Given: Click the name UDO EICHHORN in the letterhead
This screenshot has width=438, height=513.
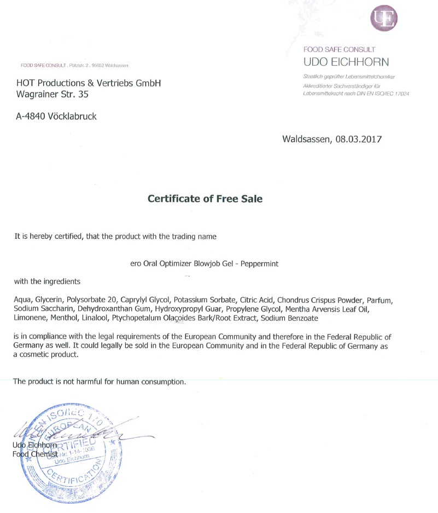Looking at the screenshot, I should point(346,62).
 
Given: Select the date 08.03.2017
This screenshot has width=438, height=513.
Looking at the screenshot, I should point(359,139).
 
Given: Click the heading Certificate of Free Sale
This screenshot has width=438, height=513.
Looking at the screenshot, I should point(205,199).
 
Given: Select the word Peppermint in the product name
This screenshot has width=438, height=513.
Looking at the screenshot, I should point(259,263).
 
